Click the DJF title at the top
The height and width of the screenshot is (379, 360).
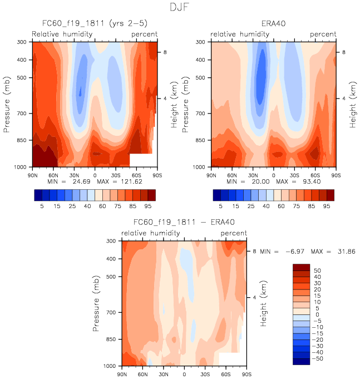tap(180, 7)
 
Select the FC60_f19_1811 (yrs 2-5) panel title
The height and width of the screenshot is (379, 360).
tap(93, 24)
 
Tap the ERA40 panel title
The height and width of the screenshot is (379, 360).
tap(273, 24)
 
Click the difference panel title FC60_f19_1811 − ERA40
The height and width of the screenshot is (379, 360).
tap(184, 223)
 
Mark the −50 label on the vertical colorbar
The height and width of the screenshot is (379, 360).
tap(317, 359)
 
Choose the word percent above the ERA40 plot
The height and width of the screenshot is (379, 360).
tap(323, 35)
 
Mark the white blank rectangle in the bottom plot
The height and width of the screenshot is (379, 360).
tap(229, 359)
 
